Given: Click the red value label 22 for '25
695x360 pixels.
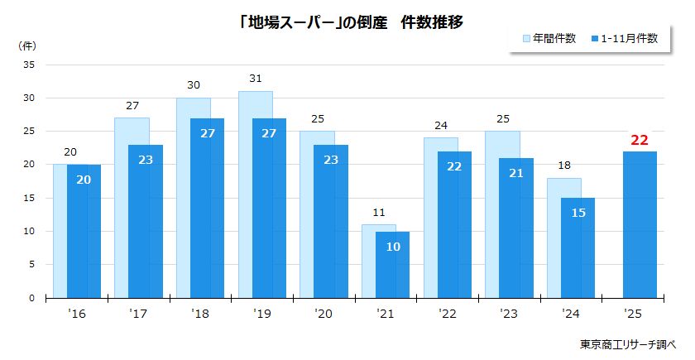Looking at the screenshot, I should click(640, 140).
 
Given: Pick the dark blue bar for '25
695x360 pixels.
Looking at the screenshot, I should click(640, 223).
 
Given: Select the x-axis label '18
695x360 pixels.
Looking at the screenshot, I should click(200, 314).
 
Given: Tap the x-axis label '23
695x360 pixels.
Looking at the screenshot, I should click(510, 314).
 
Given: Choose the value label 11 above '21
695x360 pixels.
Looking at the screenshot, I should click(378, 214).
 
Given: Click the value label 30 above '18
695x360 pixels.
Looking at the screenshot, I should click(193, 85).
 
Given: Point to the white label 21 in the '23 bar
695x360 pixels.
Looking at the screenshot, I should click(516, 173).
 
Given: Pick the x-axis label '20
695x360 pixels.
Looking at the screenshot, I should click(324, 314).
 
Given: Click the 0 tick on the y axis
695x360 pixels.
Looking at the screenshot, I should click(32, 298).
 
